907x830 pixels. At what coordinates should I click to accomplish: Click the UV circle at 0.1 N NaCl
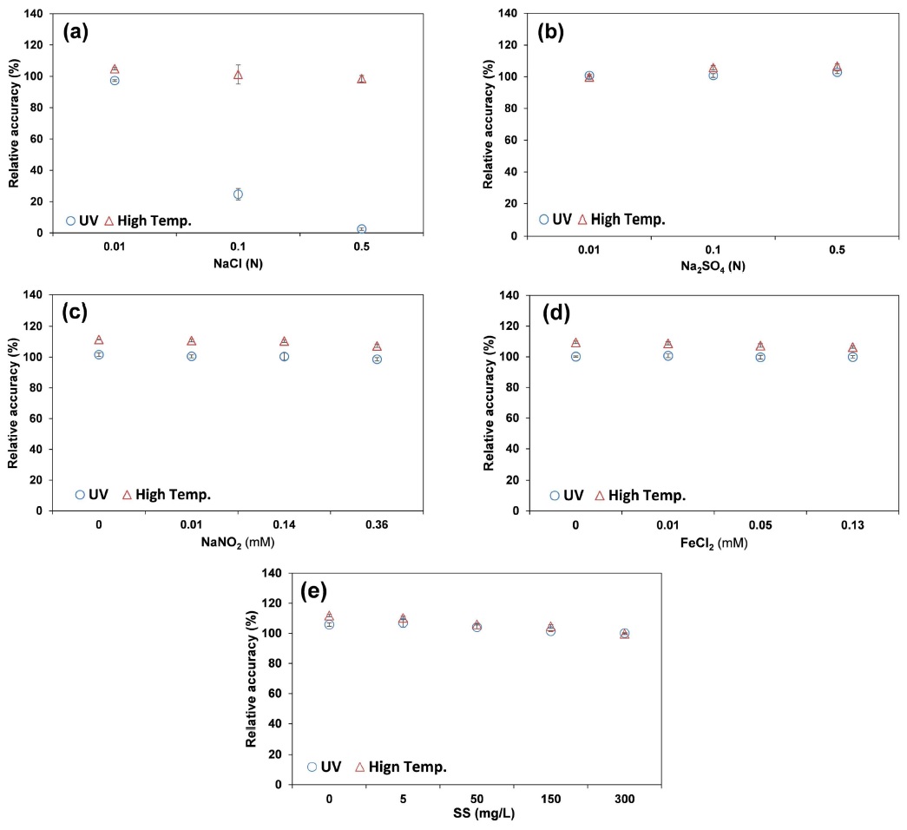[238, 194]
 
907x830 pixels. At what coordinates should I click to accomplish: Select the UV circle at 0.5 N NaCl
[361, 229]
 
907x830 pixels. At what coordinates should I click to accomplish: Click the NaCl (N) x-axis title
[238, 263]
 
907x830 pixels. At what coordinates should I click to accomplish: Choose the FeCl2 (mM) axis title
[713, 543]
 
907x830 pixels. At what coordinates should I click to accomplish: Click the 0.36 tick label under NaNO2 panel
[377, 526]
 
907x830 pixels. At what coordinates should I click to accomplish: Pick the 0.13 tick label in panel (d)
[852, 526]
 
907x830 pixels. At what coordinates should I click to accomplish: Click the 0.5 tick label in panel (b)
[837, 250]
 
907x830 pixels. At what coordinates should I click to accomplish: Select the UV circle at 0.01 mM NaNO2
[191, 356]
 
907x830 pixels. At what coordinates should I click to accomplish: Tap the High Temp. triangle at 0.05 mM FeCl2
[760, 346]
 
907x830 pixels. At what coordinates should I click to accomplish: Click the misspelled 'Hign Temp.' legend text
[408, 767]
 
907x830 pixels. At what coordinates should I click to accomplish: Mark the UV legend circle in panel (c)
[80, 495]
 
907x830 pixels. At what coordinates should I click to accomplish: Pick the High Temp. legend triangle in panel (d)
[599, 496]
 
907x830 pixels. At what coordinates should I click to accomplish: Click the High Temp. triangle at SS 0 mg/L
[329, 616]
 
